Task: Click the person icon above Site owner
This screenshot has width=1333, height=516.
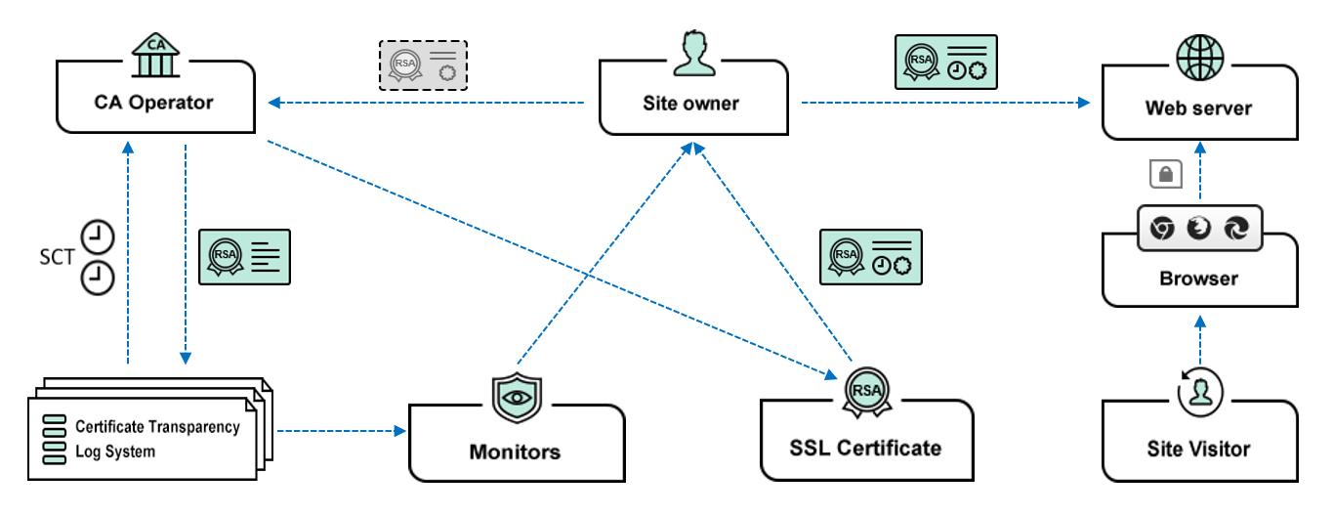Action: [692, 52]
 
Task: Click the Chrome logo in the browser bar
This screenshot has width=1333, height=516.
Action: [1162, 228]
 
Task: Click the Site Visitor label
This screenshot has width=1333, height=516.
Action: [1200, 450]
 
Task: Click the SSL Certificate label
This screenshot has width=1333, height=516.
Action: [865, 449]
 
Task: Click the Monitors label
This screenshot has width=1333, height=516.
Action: [516, 451]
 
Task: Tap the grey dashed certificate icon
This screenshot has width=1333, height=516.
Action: [423, 66]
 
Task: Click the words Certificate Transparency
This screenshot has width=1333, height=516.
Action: [157, 427]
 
